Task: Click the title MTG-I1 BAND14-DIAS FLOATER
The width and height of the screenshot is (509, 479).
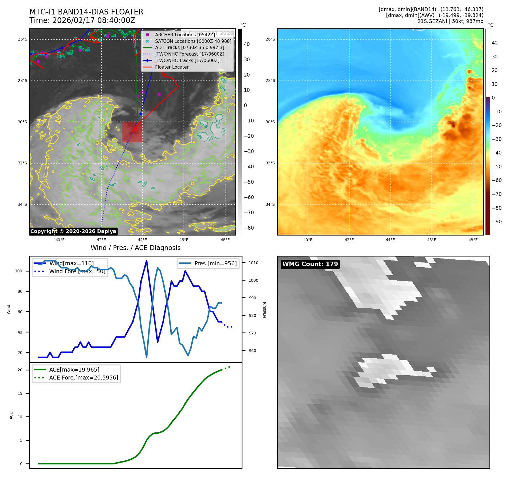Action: [86, 12]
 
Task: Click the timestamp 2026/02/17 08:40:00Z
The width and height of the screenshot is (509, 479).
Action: [94, 20]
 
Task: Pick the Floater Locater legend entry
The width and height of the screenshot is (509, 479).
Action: [172, 67]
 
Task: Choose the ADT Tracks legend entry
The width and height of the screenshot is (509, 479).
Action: [189, 48]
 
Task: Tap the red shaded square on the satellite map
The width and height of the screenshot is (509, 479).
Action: [132, 132]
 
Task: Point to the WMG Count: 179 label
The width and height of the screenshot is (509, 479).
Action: [310, 264]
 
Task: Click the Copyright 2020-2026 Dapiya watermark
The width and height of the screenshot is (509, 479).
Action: [73, 231]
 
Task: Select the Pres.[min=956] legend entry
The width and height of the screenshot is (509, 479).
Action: [215, 263]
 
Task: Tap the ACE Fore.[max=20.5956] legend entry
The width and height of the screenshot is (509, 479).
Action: [84, 378]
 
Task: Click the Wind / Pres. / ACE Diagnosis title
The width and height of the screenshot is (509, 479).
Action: [135, 248]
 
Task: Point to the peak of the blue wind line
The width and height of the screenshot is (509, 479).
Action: [146, 261]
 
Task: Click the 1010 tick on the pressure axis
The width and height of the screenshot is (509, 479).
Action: [253, 263]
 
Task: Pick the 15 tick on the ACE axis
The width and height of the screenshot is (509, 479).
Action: [20, 393]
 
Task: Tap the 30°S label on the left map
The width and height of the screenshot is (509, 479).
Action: [23, 122]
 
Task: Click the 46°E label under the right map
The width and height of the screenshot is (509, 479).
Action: [431, 240]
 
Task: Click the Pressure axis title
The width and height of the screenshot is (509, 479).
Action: [264, 310]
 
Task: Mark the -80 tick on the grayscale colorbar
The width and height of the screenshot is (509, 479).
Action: [249, 228]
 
